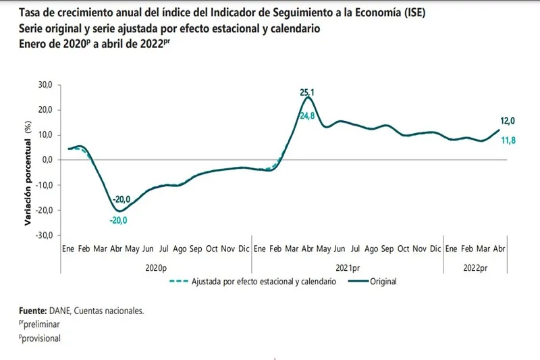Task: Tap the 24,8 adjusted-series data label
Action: [x=308, y=116]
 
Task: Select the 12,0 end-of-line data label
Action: [x=507, y=121]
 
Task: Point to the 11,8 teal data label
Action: [x=508, y=140]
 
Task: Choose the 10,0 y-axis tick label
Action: [x=46, y=135]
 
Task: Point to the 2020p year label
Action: [x=157, y=267]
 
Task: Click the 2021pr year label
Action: [x=347, y=267]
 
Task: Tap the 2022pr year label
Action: [x=475, y=267]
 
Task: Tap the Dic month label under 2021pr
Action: [x=435, y=249]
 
